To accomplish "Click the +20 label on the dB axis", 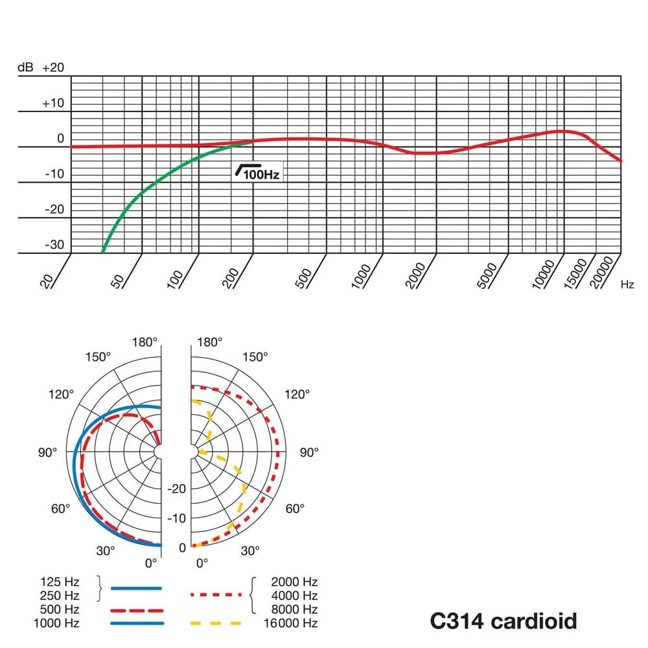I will [53, 68].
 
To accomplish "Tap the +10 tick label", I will [53, 103].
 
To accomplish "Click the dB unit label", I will [25, 68].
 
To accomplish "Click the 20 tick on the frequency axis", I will [47, 280].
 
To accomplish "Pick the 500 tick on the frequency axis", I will [305, 276].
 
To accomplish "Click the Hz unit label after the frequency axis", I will [627, 284].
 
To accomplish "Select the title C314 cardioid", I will [503, 621].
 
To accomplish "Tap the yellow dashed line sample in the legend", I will [216, 623].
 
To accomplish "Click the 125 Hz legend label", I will [60, 582].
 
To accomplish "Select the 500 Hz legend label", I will [60, 610].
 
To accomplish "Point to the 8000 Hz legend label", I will [294, 609].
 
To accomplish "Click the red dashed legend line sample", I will [136, 610].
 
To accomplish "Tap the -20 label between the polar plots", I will [177, 489].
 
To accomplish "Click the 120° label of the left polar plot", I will [61, 394].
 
